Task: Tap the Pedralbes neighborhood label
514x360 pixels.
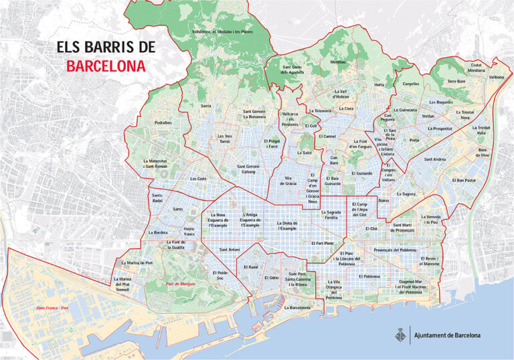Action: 163,123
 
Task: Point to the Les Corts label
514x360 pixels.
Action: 198,179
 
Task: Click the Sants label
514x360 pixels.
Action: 178,209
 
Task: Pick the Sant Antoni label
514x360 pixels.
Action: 230,250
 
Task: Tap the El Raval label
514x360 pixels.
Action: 251,267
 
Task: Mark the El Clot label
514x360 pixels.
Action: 372,229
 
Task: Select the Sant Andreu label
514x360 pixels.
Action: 435,159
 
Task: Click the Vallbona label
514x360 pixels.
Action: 496,77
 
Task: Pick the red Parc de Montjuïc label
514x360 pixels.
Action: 179,284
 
